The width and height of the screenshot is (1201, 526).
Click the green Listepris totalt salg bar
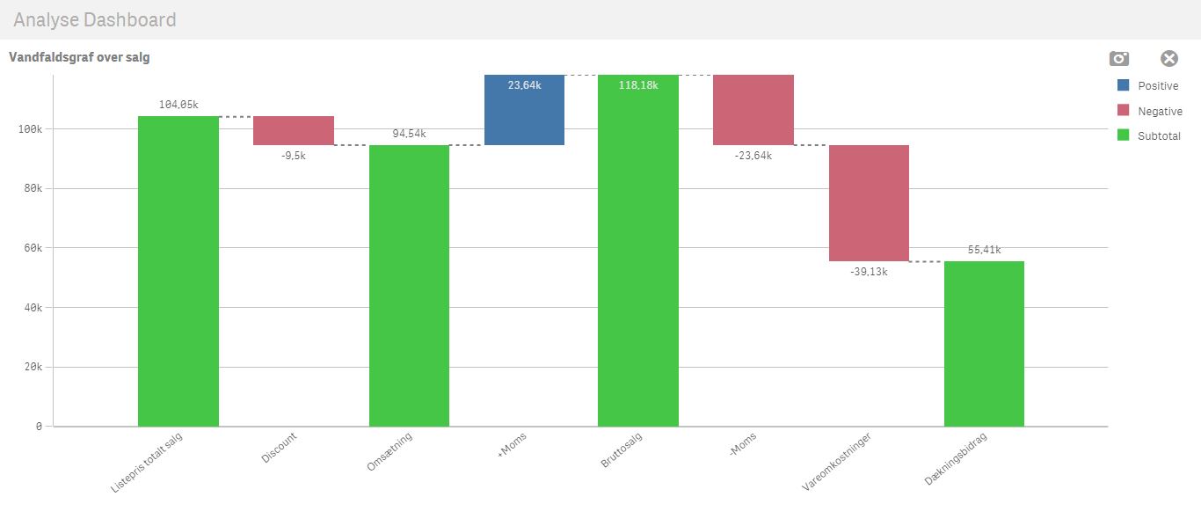pos(178,271)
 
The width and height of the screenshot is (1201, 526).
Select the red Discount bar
pos(294,130)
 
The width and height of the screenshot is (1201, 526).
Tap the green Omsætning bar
pos(409,285)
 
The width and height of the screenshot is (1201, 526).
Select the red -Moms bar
pos(753,110)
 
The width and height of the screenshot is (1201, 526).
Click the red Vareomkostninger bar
pos(869,202)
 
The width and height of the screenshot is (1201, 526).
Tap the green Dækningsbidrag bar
pos(984,343)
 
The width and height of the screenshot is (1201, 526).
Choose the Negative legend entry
pos(1148,111)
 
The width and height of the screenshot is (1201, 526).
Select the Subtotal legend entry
pos(1148,136)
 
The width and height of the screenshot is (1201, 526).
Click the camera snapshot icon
pos(1118,59)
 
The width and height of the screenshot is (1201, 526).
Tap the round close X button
pos(1168,59)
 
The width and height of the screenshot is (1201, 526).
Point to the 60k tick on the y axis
pos(33,248)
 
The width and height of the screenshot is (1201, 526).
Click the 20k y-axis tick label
pos(33,367)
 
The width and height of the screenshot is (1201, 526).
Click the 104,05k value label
pos(178,105)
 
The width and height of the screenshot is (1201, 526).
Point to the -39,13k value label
pos(869,272)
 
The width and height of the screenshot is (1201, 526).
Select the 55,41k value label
pos(984,250)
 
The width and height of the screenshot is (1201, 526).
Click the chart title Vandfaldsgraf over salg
pos(79,57)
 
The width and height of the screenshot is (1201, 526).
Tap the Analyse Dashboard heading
pos(95,19)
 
